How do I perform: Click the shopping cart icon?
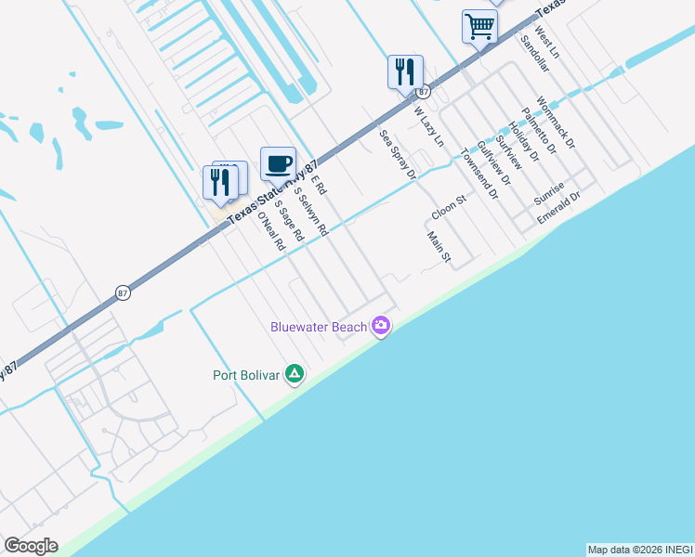479,26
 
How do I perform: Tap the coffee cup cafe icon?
278,164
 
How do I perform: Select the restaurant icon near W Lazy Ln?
405,71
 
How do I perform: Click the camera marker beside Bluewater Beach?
380,326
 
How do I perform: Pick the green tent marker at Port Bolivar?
295,374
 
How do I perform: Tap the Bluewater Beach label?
318,327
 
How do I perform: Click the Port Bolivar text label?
245,375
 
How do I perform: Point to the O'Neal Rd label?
270,232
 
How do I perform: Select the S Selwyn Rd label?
311,212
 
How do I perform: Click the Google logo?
31,546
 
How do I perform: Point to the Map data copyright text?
639,550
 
